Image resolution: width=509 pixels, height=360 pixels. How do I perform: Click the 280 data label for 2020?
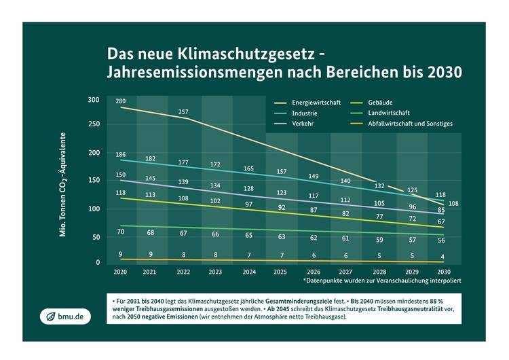point(121,101)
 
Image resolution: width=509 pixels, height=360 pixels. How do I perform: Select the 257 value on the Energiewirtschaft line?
point(183,111)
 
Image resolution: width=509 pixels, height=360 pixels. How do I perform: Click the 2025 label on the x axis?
point(280,272)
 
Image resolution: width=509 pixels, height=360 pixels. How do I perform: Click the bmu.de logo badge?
point(64,317)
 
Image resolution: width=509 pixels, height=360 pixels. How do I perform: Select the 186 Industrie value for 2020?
point(121,155)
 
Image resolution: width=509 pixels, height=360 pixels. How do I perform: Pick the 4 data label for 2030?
point(441,257)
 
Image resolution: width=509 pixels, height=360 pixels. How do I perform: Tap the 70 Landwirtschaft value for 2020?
point(120,232)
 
